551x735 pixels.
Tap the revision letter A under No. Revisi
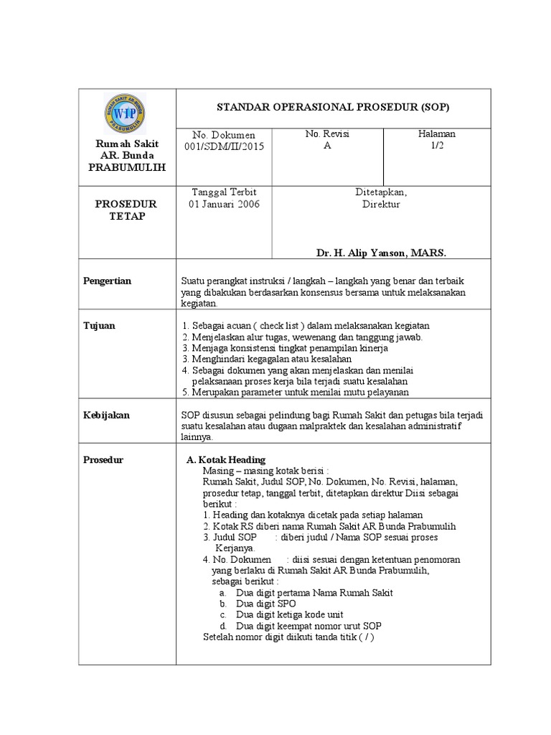click(x=327, y=146)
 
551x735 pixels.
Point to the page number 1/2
click(x=437, y=146)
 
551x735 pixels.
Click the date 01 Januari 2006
click(x=224, y=205)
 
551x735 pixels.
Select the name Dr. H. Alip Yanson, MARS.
click(x=381, y=253)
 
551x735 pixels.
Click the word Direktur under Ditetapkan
click(x=381, y=205)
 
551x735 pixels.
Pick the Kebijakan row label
click(x=106, y=416)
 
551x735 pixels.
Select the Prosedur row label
click(x=103, y=459)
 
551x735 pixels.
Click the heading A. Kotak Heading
click(x=225, y=459)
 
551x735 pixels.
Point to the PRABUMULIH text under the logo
click(x=127, y=167)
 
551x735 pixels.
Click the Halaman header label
click(x=437, y=134)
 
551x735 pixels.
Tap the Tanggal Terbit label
click(x=224, y=192)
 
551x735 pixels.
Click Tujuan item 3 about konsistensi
click(x=285, y=348)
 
